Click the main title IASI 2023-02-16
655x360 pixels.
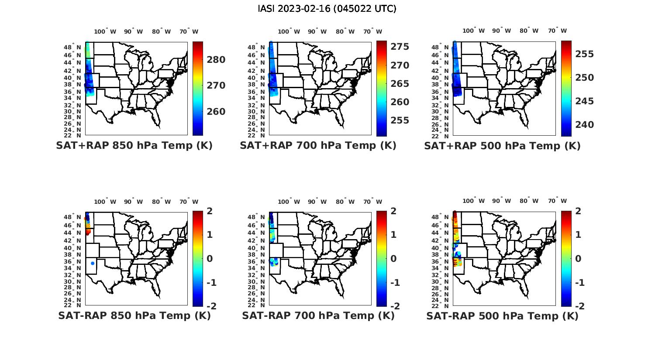tap(327, 9)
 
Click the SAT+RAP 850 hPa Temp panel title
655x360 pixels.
tap(134, 146)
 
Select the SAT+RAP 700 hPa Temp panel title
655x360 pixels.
tap(318, 146)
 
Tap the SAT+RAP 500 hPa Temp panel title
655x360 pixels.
tap(502, 146)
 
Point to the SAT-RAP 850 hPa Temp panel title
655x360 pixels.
tap(134, 315)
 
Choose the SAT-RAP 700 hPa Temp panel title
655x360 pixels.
tap(318, 315)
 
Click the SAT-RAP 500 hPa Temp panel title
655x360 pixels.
tap(502, 315)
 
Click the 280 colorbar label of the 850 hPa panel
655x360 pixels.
tap(216, 60)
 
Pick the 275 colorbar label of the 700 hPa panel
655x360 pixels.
tap(400, 47)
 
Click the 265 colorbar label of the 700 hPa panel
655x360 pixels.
tap(400, 83)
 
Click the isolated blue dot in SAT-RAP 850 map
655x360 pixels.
tap(93, 264)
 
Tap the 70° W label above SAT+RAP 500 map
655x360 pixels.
tap(557, 31)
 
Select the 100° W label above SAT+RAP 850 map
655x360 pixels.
tap(105, 31)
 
